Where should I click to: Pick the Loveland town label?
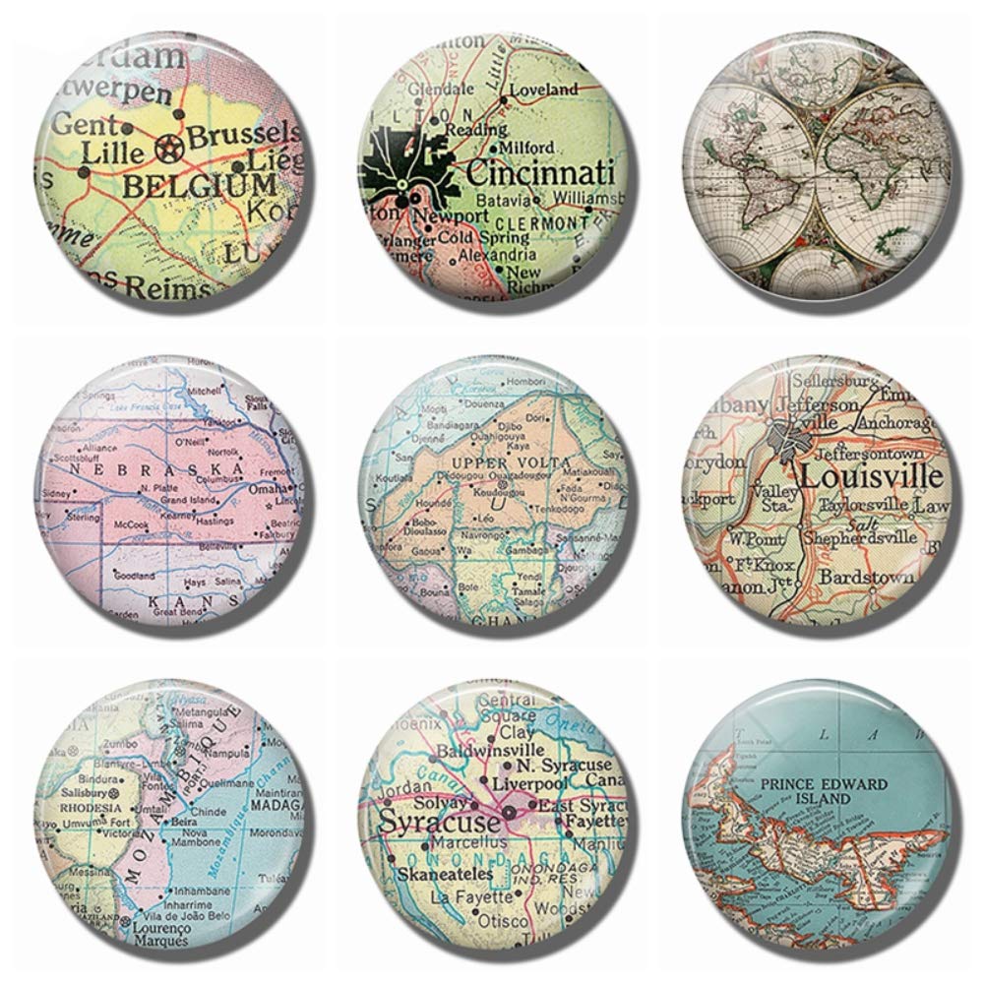[544, 90]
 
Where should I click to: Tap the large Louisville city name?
[871, 478]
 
